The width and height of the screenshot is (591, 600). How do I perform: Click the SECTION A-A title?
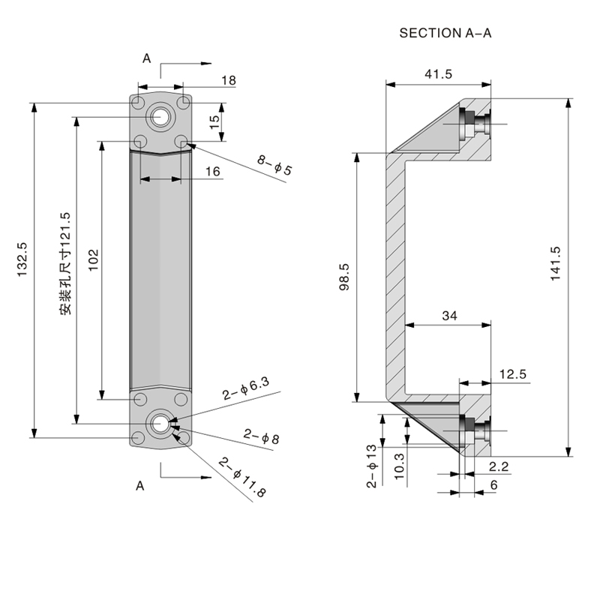445,33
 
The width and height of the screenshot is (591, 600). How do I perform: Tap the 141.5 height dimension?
556,264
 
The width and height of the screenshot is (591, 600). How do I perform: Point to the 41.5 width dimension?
438,73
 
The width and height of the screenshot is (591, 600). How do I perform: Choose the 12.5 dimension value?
512,373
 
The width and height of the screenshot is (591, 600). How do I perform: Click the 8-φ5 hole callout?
273,165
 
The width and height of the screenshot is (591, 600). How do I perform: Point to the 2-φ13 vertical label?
372,466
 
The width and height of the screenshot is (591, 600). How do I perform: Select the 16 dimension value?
212,172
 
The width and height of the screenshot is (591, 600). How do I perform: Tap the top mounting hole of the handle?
159,116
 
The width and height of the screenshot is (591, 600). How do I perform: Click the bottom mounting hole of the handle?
159,424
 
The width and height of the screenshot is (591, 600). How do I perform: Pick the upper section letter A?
147,58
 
